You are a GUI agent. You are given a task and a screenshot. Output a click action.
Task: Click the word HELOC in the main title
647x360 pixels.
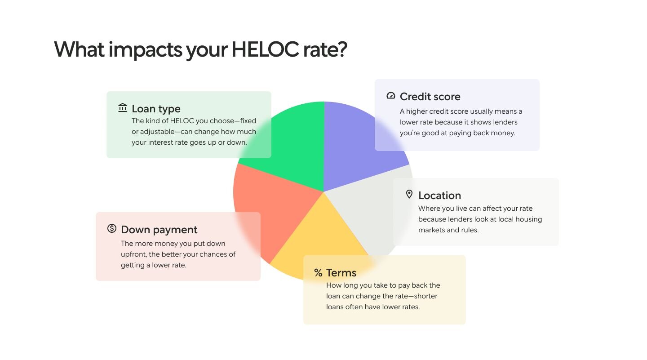[x=265, y=49]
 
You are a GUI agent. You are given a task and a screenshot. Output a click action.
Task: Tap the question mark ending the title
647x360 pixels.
[x=341, y=49]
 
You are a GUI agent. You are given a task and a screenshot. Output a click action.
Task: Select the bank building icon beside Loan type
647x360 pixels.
[x=123, y=107]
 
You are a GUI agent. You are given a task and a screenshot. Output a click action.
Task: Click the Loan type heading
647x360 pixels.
[x=156, y=109]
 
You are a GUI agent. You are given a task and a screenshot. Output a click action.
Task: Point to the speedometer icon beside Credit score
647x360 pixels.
[x=391, y=95]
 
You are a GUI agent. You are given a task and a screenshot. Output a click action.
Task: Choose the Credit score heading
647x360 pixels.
[x=430, y=97]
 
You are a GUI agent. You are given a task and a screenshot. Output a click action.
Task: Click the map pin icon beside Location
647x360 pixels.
[x=409, y=194]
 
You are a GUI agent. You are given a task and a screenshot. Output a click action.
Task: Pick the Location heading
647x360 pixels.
[x=439, y=196]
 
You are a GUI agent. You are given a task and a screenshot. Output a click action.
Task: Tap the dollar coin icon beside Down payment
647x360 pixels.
[x=112, y=228]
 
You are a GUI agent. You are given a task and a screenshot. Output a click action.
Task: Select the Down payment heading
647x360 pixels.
[x=159, y=230]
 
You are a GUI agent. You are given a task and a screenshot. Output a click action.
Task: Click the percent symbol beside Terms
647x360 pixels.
[x=318, y=273]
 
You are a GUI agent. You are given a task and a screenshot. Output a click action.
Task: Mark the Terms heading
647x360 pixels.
[x=341, y=273]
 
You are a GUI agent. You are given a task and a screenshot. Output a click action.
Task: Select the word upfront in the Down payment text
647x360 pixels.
[x=134, y=254]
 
